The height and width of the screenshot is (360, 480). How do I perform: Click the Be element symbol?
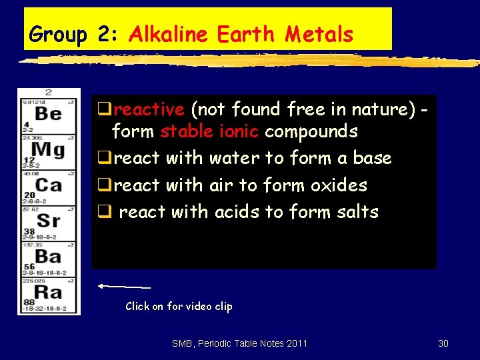click(48, 113)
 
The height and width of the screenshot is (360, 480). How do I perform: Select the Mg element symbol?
click(48, 149)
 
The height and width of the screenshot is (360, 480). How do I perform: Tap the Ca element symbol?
click(48, 185)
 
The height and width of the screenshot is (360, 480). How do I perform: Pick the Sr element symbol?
click(48, 220)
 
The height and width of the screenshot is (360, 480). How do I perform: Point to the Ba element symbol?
click(48, 255)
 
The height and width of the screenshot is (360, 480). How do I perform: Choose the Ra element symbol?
click(48, 291)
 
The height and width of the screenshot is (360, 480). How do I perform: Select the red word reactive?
click(148, 109)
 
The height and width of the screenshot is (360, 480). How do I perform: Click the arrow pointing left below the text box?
click(124, 286)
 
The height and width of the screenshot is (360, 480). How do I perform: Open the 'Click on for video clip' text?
click(179, 306)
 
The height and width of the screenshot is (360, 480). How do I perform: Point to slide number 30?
click(443, 343)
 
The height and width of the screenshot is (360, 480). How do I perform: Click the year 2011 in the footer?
click(296, 343)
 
